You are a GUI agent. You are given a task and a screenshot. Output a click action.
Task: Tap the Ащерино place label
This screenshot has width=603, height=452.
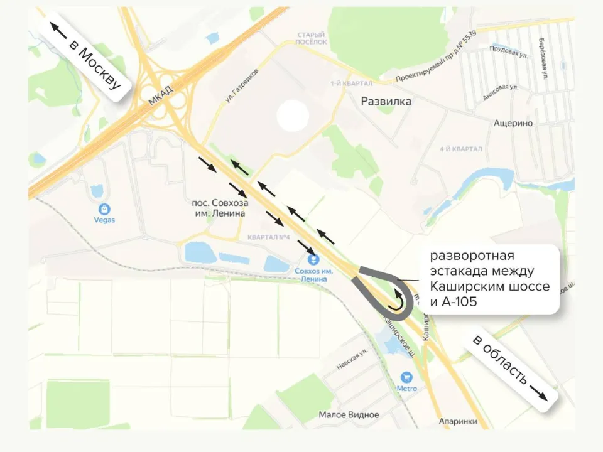[x=513, y=123]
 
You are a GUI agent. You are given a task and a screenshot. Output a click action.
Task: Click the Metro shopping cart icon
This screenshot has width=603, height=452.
[x=406, y=377]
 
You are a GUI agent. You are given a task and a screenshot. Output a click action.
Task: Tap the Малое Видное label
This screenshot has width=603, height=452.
[x=349, y=415]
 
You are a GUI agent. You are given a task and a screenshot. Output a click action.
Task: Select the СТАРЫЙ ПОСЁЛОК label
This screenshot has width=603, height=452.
[x=312, y=38]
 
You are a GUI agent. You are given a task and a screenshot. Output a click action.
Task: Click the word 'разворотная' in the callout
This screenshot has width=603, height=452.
[x=472, y=256]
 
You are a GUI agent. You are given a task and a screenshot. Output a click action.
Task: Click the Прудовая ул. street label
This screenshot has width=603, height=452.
[x=508, y=52]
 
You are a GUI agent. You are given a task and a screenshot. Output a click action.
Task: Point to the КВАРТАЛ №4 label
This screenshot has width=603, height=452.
[x=268, y=237]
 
